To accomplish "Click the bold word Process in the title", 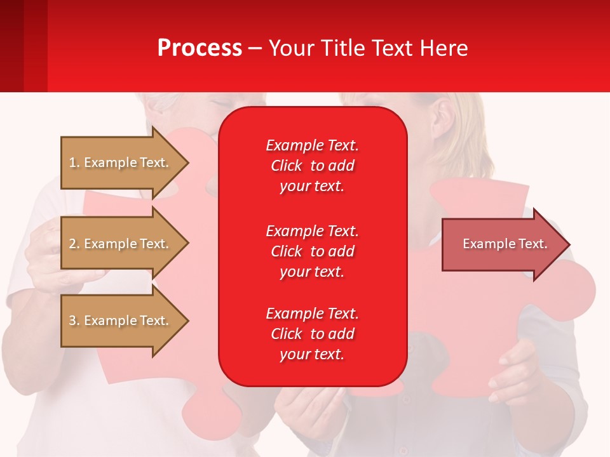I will [200, 48].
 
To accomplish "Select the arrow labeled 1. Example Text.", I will [121, 162].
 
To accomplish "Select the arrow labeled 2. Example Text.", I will [121, 244].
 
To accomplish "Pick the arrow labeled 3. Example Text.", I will [121, 321].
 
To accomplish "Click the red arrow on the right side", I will [502, 244].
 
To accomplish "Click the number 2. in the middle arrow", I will [74, 244].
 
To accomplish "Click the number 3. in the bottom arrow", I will [74, 321].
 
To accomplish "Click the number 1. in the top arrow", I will [74, 162].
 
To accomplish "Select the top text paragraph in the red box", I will [312, 166].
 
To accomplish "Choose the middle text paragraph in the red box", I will [312, 251].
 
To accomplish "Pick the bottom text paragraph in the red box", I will [312, 334].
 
